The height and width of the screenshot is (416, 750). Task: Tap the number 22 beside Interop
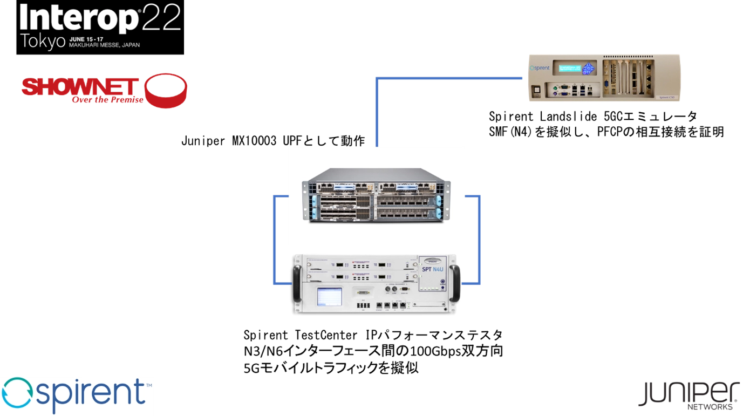tap(162, 19)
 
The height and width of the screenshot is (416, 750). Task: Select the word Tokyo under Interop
tap(43, 42)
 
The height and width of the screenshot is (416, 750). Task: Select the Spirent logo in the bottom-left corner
tap(77, 395)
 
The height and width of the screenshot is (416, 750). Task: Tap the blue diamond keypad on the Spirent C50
tap(589, 68)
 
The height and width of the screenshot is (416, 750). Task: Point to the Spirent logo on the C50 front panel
tap(540, 68)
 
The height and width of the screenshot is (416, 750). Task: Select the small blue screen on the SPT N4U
tap(329, 296)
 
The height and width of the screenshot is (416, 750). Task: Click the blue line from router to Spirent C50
tap(448, 79)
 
